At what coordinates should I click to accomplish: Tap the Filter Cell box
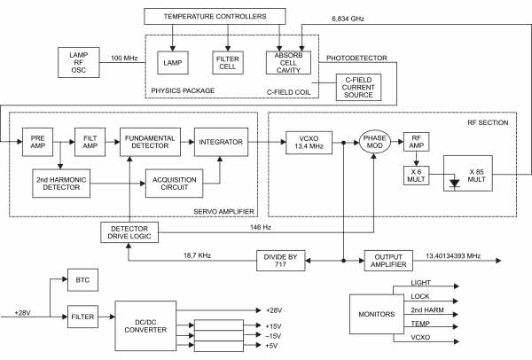(x=229, y=61)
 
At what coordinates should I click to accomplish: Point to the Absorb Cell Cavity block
(x=286, y=61)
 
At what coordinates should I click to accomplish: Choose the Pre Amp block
(x=35, y=142)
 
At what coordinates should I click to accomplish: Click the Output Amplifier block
(x=387, y=259)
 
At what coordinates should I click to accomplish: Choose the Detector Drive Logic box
(x=129, y=233)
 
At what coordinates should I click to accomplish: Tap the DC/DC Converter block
(x=145, y=325)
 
